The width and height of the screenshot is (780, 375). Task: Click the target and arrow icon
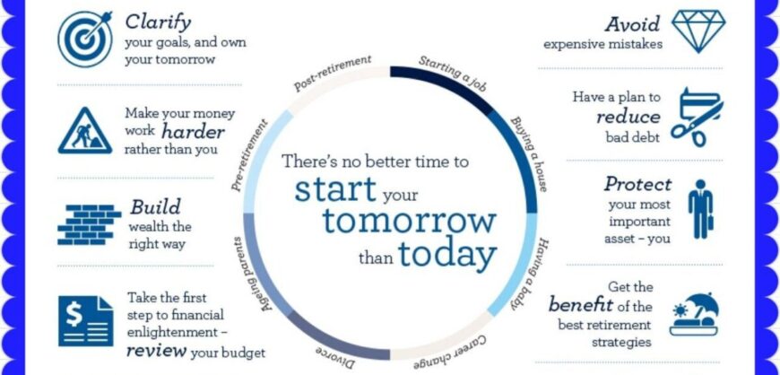(x=85, y=39)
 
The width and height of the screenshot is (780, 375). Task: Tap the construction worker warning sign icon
(x=85, y=131)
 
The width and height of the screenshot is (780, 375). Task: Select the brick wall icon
(x=90, y=224)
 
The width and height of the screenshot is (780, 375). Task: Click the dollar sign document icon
(x=85, y=320)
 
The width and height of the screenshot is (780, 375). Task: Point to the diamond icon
(x=698, y=31)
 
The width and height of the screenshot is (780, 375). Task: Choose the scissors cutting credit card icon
(x=697, y=118)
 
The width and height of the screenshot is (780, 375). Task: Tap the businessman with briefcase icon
(x=701, y=209)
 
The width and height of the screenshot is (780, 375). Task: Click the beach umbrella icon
(x=695, y=314)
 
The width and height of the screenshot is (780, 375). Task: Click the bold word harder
(x=193, y=133)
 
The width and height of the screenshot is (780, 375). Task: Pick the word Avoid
(x=633, y=24)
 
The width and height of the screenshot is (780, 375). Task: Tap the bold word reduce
(x=628, y=117)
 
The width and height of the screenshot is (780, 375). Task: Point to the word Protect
(x=638, y=184)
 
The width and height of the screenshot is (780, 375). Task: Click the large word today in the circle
(x=447, y=255)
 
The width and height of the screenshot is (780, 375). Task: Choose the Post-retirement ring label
(x=333, y=73)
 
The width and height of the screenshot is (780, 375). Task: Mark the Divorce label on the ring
(x=335, y=358)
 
